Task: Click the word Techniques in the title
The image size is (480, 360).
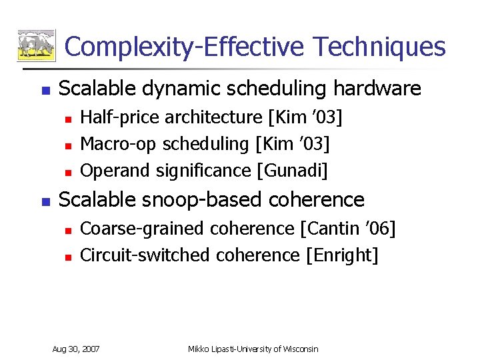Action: click(x=379, y=47)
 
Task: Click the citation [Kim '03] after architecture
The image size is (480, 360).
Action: click(x=305, y=117)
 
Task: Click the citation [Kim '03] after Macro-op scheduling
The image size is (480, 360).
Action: click(x=293, y=144)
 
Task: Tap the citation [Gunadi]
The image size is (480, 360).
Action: click(x=292, y=171)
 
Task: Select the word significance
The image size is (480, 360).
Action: click(x=203, y=171)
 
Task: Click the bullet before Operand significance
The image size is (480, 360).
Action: click(x=66, y=172)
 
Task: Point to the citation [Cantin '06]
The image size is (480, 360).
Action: click(x=347, y=229)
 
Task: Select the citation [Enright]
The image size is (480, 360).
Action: click(x=341, y=255)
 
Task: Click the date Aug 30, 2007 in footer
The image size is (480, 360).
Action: click(x=76, y=349)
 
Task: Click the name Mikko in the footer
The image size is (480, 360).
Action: click(x=199, y=349)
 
